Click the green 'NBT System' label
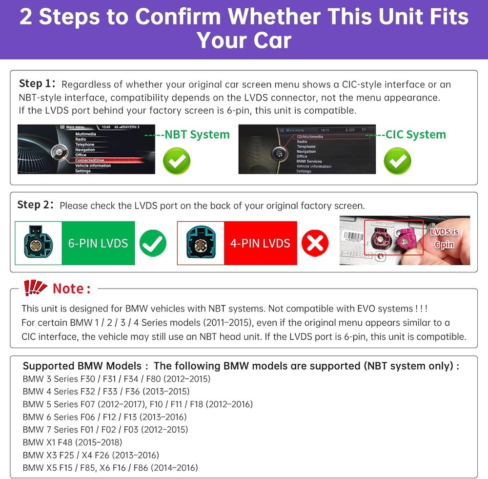pyautogui.click(x=197, y=134)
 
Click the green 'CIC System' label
pyautogui.click(x=415, y=134)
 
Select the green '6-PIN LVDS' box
pyautogui.click(x=98, y=243)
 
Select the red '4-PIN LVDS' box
pyautogui.click(x=260, y=243)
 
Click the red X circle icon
pyautogui.click(x=315, y=243)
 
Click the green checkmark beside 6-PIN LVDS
pyautogui.click(x=153, y=243)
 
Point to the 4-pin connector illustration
pyautogui.click(x=201, y=243)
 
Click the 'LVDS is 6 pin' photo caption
pyautogui.click(x=445, y=238)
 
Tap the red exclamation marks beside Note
pyautogui.click(x=35, y=288)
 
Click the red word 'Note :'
pyautogui.click(x=72, y=289)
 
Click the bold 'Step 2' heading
pyautogui.click(x=35, y=205)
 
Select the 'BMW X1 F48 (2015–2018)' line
pyautogui.click(x=72, y=442)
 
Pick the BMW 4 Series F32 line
pyautogui.click(x=106, y=391)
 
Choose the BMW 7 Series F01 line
pyautogui.click(x=105, y=430)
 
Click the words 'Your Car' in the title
pyautogui.click(x=244, y=41)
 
